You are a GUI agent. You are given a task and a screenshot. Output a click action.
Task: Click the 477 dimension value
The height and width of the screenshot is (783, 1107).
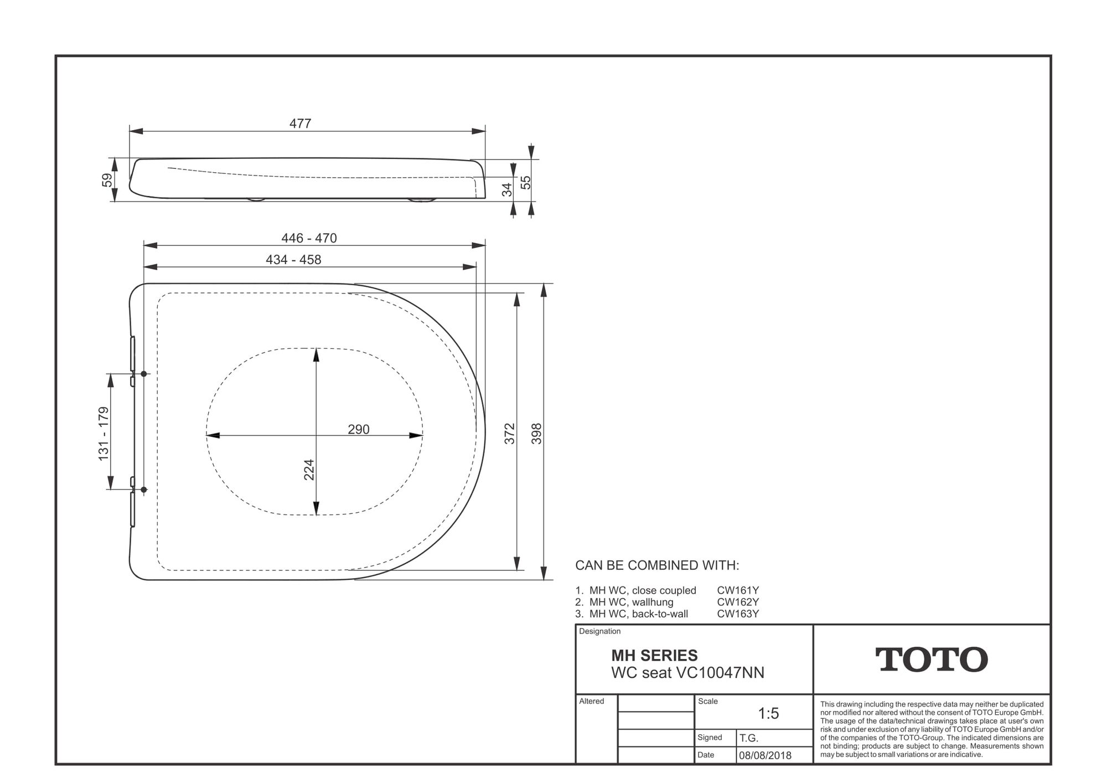point(301,123)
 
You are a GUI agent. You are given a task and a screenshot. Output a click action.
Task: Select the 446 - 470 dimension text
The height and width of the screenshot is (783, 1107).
point(309,238)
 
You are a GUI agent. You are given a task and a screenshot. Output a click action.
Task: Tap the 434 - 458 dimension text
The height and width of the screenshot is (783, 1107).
point(293,260)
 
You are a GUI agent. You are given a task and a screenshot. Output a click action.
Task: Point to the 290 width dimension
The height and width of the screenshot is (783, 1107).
point(359,429)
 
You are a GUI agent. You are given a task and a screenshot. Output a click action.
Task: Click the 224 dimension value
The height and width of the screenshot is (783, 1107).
point(309,470)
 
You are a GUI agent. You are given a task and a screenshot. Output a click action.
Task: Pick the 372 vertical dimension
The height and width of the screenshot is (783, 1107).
point(510,434)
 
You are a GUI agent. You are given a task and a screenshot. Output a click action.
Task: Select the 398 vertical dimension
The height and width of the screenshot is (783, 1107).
point(536,434)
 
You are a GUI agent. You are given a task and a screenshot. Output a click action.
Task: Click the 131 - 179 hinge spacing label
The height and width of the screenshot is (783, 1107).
point(104,434)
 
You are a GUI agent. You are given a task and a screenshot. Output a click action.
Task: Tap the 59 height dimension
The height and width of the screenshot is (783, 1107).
point(107,180)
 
